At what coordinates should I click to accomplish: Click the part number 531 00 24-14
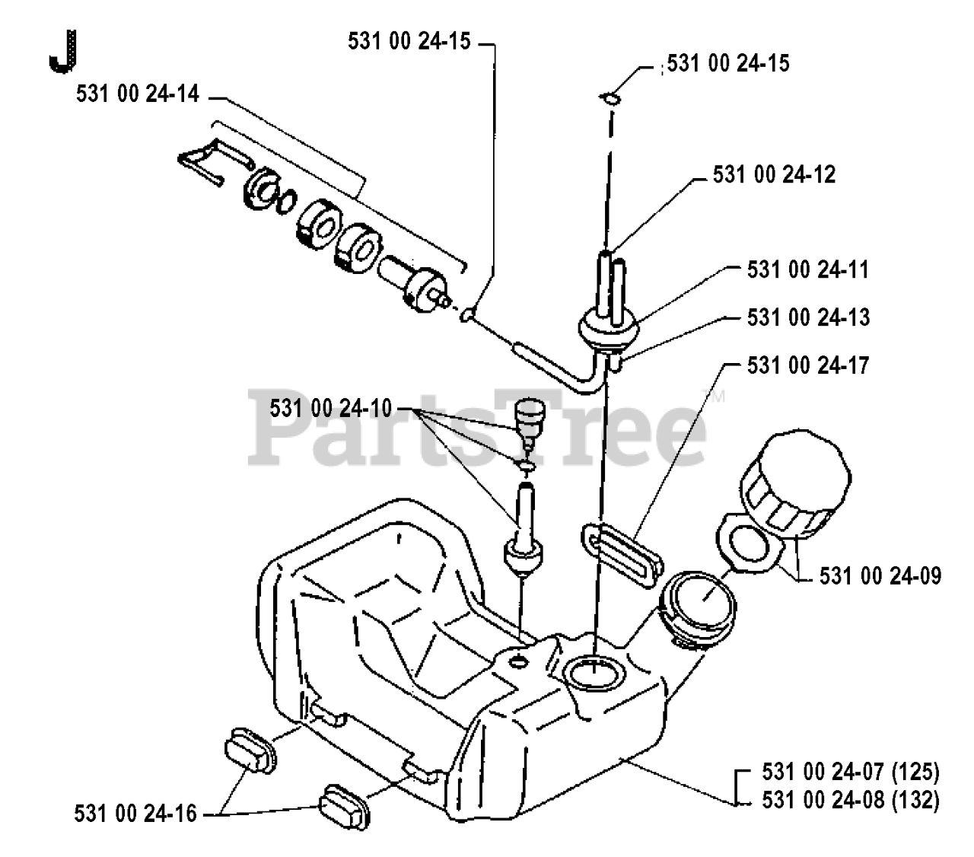point(138,94)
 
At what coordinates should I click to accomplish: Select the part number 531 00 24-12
point(774,174)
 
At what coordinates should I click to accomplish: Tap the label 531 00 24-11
point(808,269)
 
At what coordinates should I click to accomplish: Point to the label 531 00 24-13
point(808,317)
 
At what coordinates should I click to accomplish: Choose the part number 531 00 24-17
point(808,365)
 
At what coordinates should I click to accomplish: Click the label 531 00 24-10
point(330,409)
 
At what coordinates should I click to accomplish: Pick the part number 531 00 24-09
point(880,575)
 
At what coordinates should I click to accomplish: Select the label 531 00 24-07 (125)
point(850,773)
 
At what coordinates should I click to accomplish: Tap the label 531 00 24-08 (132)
point(850,800)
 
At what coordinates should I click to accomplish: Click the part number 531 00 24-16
point(136,814)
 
